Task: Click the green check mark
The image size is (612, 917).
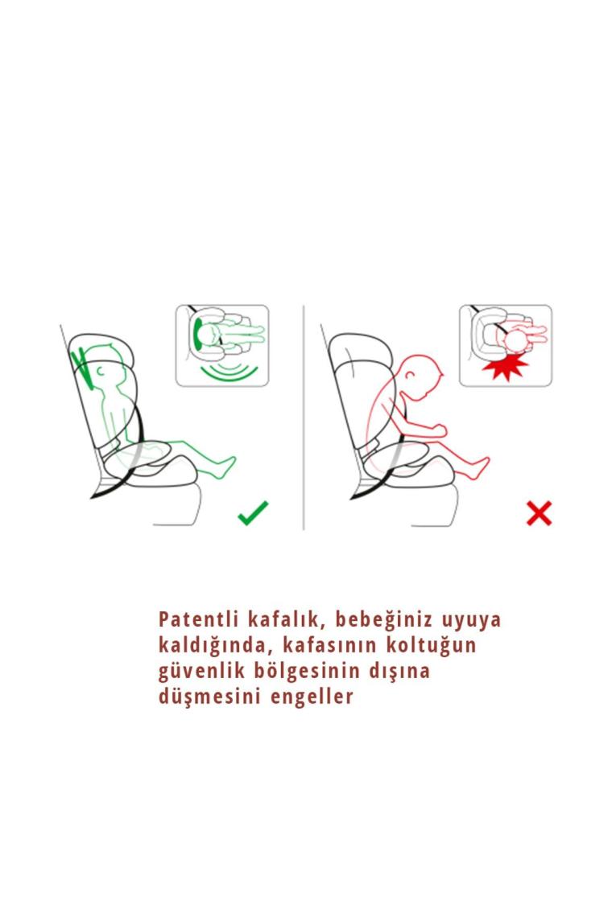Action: click(253, 513)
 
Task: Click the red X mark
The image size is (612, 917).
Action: click(539, 513)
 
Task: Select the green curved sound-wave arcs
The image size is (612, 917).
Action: click(229, 372)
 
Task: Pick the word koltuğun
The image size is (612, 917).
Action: click(431, 646)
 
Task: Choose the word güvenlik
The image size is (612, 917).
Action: click(201, 671)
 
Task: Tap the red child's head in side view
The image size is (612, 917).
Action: click(418, 376)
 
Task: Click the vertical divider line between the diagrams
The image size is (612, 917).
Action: click(304, 417)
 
